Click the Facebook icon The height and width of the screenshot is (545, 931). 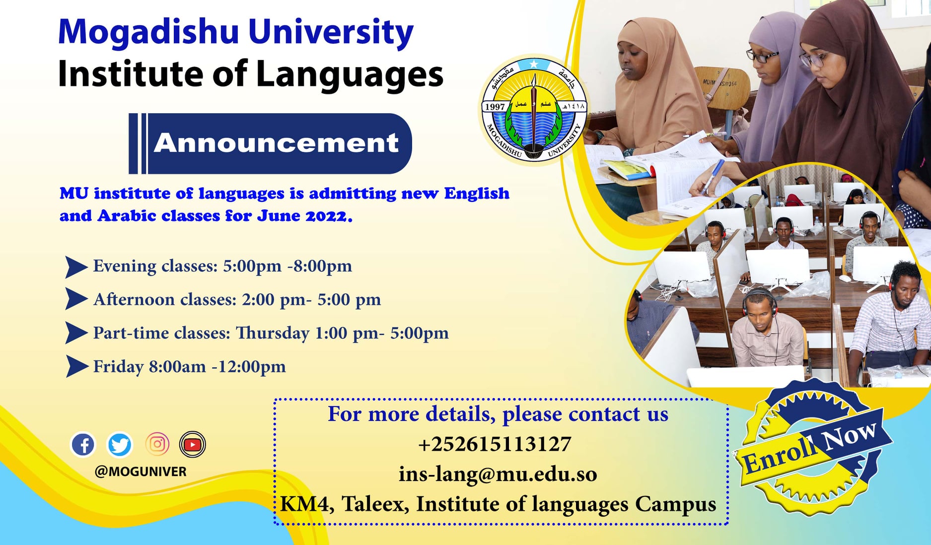[x=83, y=444]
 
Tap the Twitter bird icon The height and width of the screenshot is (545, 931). [x=120, y=444]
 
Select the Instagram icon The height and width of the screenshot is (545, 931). [x=157, y=444]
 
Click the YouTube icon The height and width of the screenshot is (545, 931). [x=193, y=444]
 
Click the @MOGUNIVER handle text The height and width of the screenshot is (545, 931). [x=141, y=472]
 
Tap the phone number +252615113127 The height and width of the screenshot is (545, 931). [x=495, y=444]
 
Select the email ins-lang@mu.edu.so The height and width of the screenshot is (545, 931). [x=498, y=474]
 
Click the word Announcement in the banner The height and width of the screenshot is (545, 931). [x=276, y=143]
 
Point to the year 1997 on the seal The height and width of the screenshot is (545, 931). [x=495, y=107]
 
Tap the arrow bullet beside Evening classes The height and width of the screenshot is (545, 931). [x=75, y=267]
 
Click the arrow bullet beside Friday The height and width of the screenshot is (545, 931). [x=76, y=366]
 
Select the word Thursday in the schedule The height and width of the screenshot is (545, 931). [x=273, y=333]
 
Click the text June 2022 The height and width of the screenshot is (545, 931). [x=304, y=216]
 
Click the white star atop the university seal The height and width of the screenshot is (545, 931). [x=534, y=64]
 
